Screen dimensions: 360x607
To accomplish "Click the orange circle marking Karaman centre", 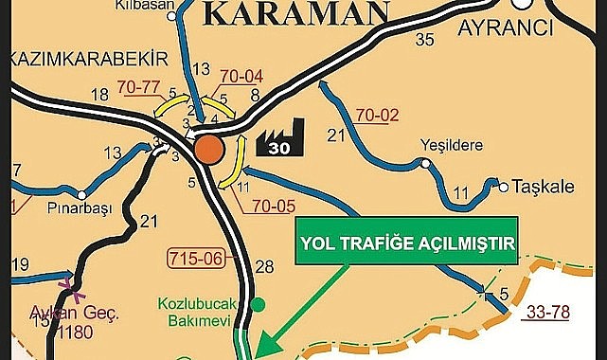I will tap(209, 149).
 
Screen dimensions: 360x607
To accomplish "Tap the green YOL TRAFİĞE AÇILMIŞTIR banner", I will tap(408, 244).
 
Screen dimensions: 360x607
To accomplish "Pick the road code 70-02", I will tap(378, 117).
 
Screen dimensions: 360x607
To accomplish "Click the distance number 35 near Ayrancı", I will tap(423, 39).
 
